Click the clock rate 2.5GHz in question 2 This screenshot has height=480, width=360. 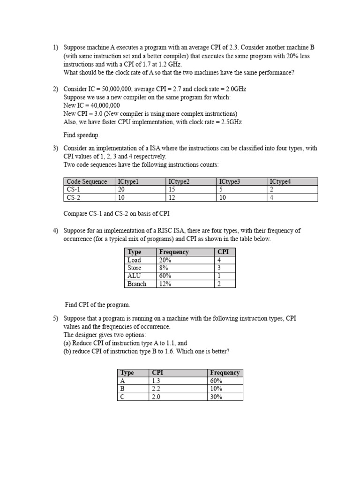click(231, 122)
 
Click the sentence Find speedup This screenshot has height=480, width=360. click(82, 135)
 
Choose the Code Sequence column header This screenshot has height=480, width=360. click(87, 181)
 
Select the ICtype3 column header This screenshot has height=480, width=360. click(229, 181)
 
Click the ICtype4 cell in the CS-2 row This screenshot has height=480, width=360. click(271, 197)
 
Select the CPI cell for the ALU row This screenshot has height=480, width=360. click(219, 276)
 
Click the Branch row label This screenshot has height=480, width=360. click(137, 284)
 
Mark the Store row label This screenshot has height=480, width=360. click(135, 268)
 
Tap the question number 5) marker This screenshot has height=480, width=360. click(55, 318)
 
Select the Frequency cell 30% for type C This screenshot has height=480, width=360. click(217, 397)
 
